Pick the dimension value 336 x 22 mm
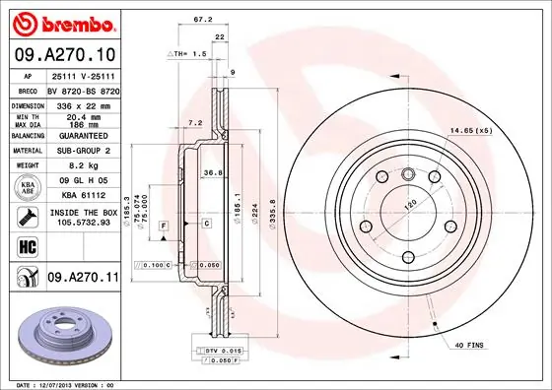pos(81,103)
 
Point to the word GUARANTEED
pos(82,136)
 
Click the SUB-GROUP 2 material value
pos(82,152)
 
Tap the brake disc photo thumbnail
pos(62,336)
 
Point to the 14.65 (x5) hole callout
pos(469,130)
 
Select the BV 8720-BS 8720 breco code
pos(83,89)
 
